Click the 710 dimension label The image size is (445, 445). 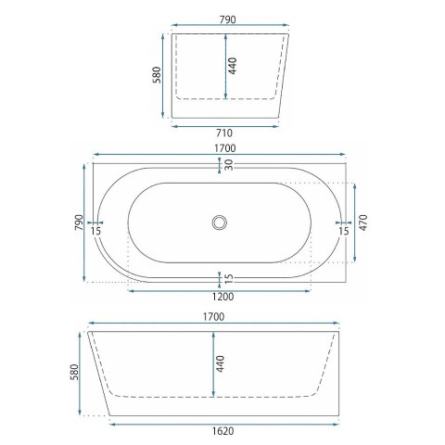[x=224, y=133]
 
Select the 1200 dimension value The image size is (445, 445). [x=222, y=297]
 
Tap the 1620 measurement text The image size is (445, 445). [x=222, y=431]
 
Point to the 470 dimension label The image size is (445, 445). [x=363, y=222]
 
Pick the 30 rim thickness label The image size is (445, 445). [x=229, y=165]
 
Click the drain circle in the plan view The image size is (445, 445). [x=220, y=222]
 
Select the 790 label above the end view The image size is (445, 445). [x=228, y=19]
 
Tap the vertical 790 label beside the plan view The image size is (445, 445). [x=79, y=222]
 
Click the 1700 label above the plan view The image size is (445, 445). [x=225, y=148]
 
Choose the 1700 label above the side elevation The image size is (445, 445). [x=213, y=317]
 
